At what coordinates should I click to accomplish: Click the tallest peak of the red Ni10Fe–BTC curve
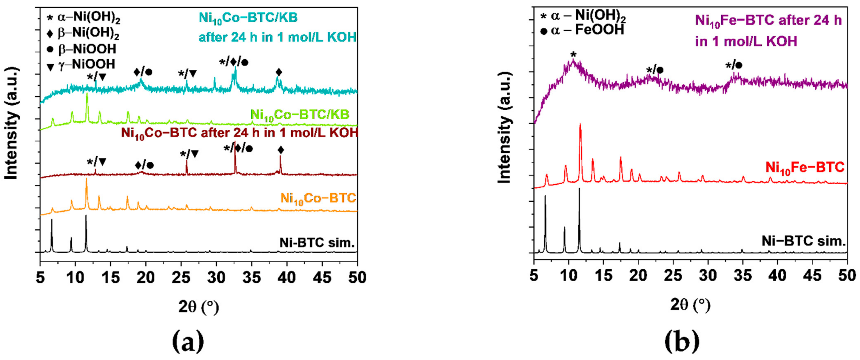coord(580,125)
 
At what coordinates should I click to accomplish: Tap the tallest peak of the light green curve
coord(87,94)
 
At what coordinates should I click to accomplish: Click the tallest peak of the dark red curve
coord(235,146)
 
